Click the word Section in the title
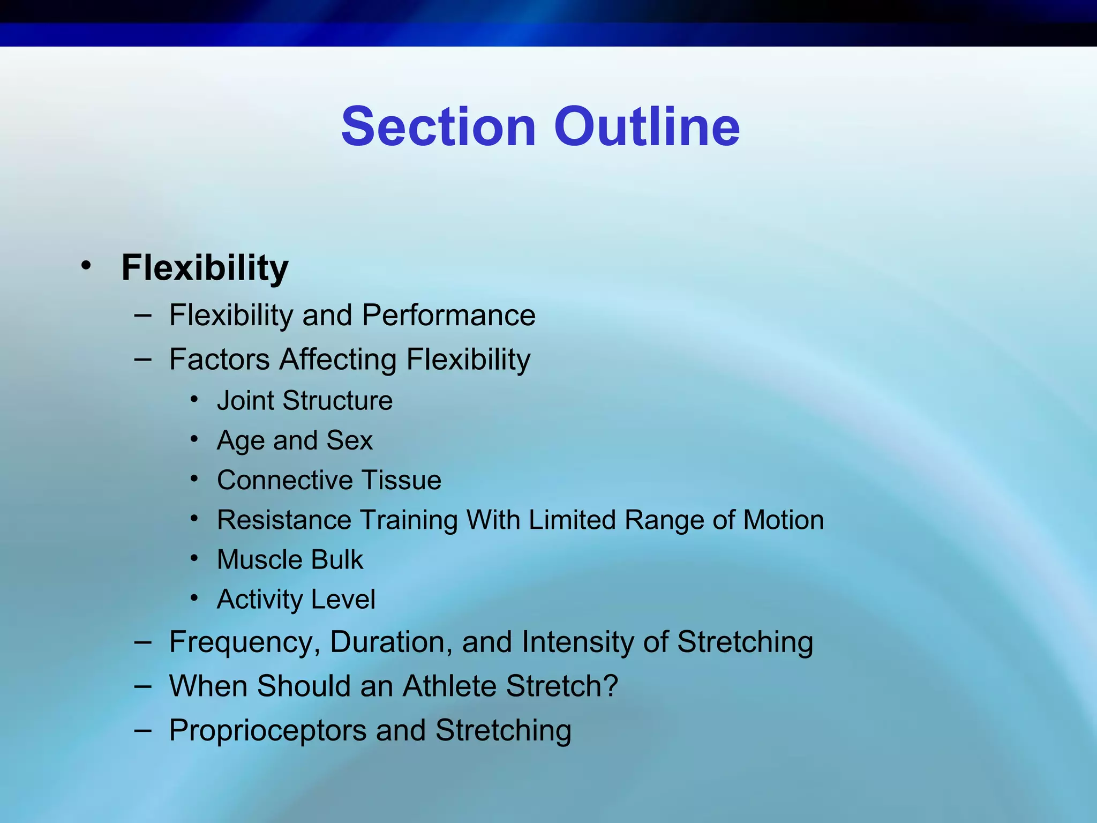point(438,127)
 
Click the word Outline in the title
point(647,127)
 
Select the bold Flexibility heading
point(205,267)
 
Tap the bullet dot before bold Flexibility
point(86,265)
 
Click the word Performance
point(448,315)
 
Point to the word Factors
point(219,359)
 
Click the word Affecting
point(337,359)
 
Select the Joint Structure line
point(304,401)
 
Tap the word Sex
point(349,440)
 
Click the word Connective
point(284,480)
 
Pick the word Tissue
point(401,480)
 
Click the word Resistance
point(284,520)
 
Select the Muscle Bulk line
point(290,560)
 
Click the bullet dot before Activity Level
point(194,598)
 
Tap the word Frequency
point(244,642)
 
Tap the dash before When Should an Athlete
point(143,685)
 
